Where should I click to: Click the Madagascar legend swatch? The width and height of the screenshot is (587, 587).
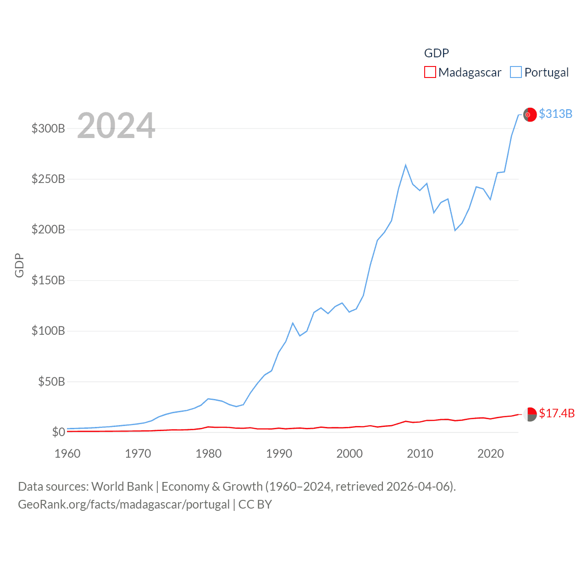point(430,72)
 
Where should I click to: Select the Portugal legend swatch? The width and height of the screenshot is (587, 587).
point(516,72)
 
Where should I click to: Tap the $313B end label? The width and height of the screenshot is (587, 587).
point(555,114)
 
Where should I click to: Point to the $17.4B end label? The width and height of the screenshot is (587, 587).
point(557,413)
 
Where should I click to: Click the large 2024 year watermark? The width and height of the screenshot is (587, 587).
point(116,126)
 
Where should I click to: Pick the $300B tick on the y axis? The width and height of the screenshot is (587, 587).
point(48,128)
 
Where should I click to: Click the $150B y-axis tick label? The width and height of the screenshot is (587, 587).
point(48,280)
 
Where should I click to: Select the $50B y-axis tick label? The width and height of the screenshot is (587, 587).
point(51,382)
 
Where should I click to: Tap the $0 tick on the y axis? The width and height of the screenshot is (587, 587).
point(58,432)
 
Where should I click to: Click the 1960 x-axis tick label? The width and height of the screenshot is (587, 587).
point(67,454)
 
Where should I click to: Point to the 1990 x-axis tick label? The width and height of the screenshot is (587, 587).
point(279,454)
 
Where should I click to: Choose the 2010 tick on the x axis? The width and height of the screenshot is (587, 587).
point(420,454)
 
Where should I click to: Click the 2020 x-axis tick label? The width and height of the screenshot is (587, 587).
point(491,454)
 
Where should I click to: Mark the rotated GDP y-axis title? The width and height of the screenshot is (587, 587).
point(19,265)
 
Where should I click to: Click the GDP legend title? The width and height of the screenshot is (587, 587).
point(436,53)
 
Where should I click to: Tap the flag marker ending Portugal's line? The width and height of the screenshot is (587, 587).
point(530,115)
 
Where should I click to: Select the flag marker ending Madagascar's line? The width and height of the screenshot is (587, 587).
point(530,414)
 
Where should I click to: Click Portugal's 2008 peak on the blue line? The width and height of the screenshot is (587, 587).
point(406,165)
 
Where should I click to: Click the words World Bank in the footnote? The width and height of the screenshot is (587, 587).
point(122,486)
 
